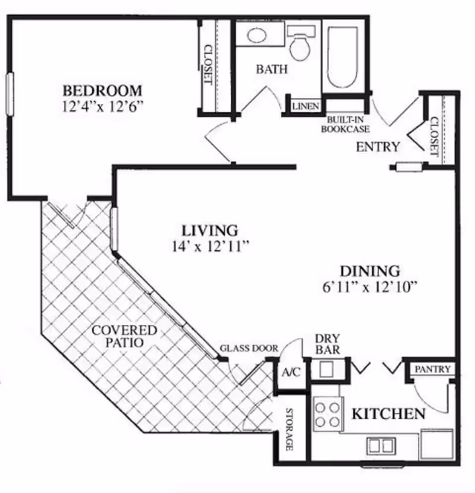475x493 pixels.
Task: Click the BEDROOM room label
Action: [x=102, y=91]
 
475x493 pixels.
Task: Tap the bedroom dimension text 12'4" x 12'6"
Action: [x=103, y=107]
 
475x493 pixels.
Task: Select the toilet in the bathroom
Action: [x=301, y=43]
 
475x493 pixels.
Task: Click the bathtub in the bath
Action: [x=343, y=56]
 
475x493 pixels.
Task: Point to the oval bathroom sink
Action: [x=257, y=35]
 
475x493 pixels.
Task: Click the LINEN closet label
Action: [x=306, y=106]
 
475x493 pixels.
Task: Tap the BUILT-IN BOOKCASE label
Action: [x=345, y=125]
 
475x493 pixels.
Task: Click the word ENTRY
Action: [x=378, y=147]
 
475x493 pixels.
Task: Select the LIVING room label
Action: [x=210, y=230]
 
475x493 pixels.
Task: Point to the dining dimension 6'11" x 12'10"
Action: [x=370, y=287]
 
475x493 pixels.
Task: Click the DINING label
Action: [x=370, y=271]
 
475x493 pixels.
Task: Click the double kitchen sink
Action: [x=381, y=445]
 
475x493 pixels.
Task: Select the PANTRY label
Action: [x=433, y=369]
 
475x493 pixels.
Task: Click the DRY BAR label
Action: [x=327, y=344]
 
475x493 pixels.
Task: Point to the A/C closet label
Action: [x=291, y=373]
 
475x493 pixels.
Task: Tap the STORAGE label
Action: [x=289, y=429]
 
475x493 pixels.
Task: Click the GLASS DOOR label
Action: [x=249, y=348]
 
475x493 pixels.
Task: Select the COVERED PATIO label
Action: [x=125, y=336]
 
